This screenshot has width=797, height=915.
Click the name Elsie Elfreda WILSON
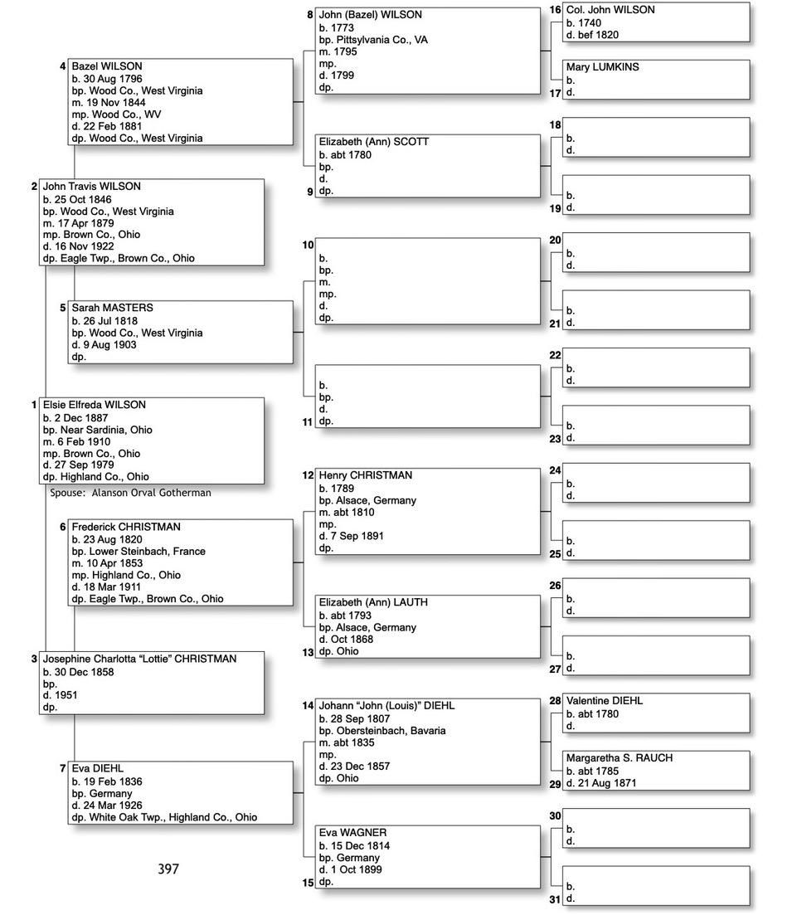point(94,405)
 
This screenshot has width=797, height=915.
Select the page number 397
point(168,869)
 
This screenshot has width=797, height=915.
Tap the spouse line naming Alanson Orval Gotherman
point(130,493)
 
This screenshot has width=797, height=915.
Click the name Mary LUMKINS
point(602,67)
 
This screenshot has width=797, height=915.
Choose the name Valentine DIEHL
point(604,701)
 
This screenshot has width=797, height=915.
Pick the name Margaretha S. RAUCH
point(619,758)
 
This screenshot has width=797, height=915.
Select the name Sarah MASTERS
point(112,308)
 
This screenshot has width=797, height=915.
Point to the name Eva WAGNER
point(352,833)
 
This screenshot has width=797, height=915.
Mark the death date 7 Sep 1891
point(357,536)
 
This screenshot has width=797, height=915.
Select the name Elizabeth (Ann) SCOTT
point(373,142)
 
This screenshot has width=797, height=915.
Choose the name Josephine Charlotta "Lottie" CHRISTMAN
point(139,659)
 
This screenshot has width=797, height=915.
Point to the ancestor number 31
point(555,899)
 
